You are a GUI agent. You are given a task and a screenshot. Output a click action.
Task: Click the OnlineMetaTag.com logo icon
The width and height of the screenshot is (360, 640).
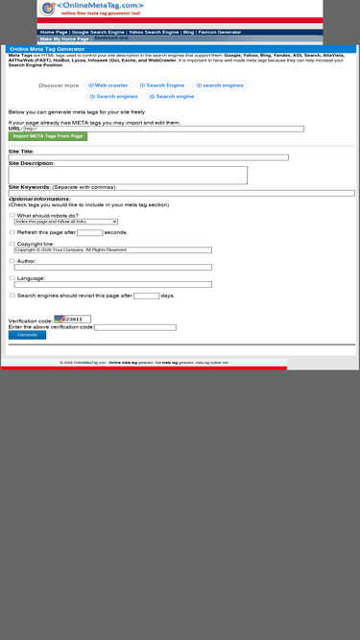tap(48, 9)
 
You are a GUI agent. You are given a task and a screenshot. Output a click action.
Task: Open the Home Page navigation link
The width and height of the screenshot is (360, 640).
tap(54, 32)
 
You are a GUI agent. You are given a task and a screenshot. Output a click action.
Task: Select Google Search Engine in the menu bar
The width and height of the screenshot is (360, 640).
tap(98, 32)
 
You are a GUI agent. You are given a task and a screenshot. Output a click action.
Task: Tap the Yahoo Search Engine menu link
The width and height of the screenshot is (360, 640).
tap(154, 32)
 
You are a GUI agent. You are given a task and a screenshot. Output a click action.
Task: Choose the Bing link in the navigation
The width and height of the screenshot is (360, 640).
tap(188, 32)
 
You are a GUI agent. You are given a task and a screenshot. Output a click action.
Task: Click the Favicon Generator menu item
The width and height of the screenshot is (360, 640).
tap(220, 32)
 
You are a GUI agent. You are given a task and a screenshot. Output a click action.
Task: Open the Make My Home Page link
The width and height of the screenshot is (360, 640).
tap(64, 39)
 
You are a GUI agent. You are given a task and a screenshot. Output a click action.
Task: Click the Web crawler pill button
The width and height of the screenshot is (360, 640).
tap(108, 85)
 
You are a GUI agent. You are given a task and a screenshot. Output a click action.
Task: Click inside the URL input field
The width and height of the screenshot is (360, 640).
tap(163, 129)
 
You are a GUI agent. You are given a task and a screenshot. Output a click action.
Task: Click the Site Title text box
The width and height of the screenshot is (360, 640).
tap(148, 157)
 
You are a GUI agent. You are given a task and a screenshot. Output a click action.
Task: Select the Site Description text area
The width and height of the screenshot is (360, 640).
tap(128, 176)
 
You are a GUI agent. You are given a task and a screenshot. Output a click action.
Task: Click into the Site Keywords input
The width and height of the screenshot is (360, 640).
tap(181, 193)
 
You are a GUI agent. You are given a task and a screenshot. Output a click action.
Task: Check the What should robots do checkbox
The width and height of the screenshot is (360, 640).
tap(12, 215)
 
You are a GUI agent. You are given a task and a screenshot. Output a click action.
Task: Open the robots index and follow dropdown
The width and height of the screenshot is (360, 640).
tap(66, 222)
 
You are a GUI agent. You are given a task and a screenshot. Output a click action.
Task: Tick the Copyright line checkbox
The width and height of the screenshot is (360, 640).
tap(12, 244)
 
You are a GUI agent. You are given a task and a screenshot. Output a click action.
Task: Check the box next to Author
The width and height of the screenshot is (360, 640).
tap(12, 261)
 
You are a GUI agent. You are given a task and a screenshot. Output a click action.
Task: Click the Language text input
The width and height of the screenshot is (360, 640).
tap(112, 285)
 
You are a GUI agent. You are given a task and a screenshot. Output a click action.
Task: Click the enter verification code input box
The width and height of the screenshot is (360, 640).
tap(135, 327)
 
